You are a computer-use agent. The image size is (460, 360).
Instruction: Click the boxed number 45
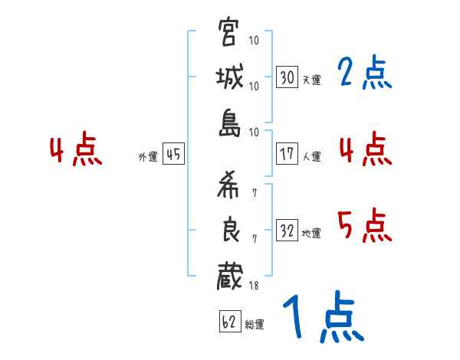click(x=173, y=154)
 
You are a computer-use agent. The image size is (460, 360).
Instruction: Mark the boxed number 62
click(x=228, y=322)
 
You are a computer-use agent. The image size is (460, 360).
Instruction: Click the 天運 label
click(x=311, y=80)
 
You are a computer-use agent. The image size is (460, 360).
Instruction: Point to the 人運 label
click(x=311, y=156)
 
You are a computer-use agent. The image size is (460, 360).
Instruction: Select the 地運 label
click(x=311, y=234)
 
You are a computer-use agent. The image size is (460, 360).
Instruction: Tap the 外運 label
click(x=147, y=156)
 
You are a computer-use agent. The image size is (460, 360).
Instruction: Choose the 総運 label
click(x=255, y=324)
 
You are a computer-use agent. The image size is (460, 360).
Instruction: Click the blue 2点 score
click(x=364, y=74)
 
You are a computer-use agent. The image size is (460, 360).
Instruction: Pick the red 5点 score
click(x=364, y=226)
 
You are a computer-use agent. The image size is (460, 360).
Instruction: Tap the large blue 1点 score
click(x=322, y=318)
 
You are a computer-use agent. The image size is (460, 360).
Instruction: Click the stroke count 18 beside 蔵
click(x=253, y=285)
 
